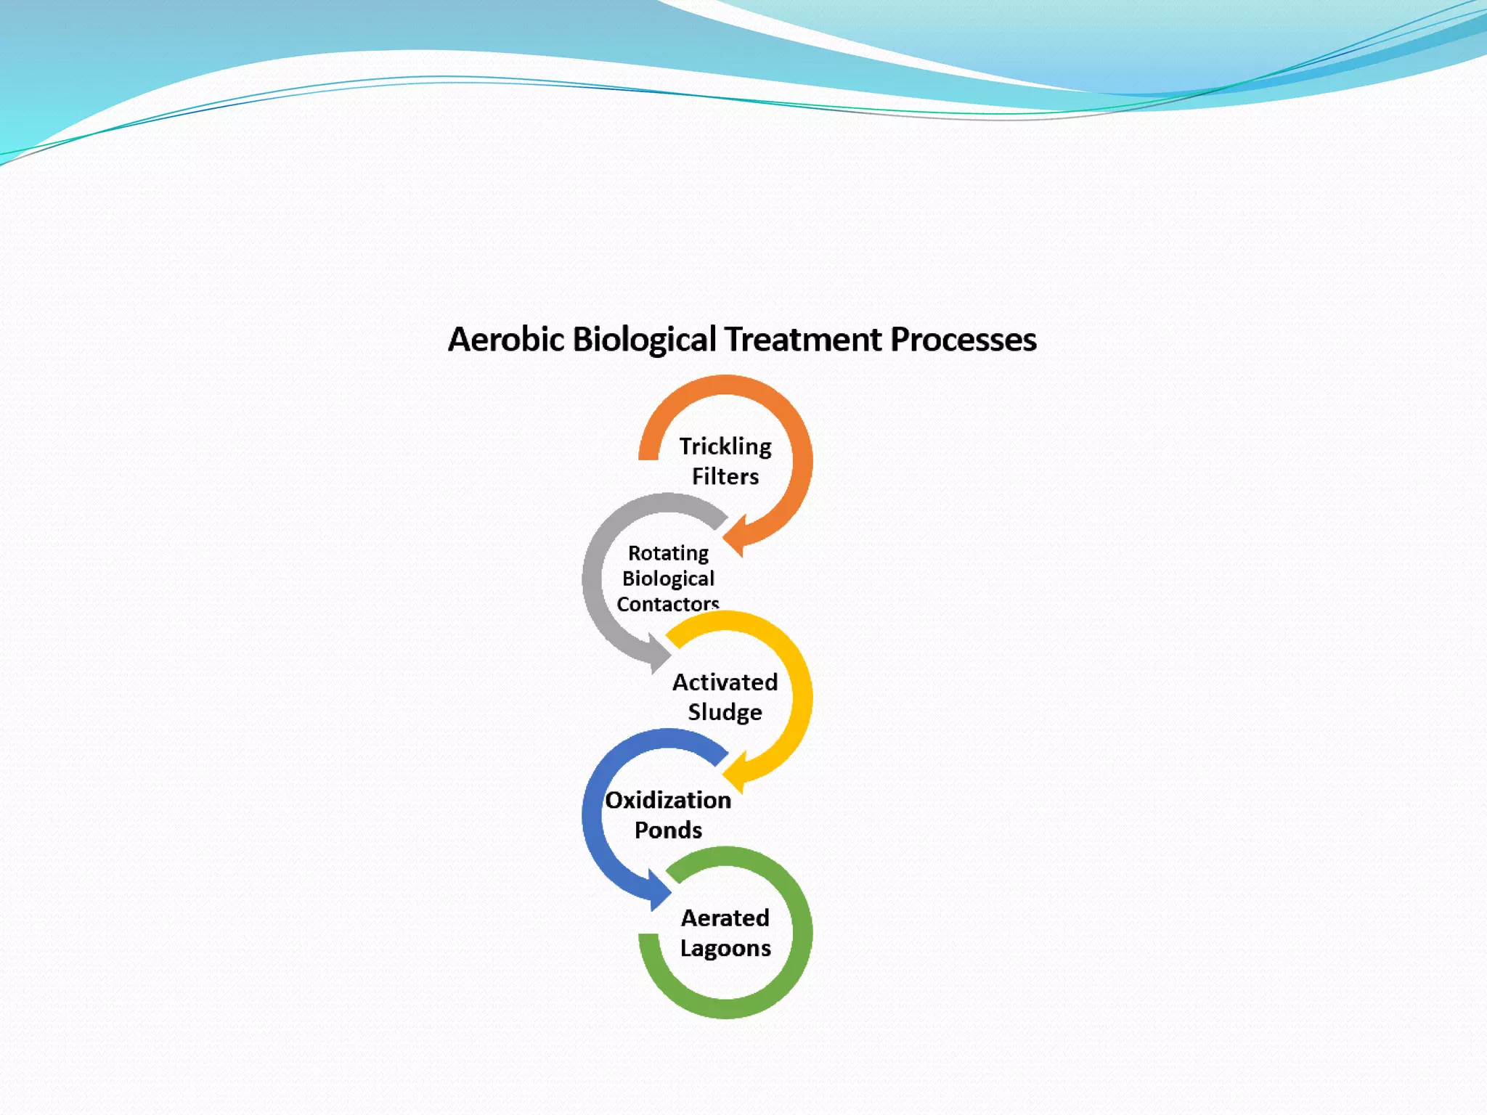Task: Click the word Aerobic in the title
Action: pyautogui.click(x=505, y=340)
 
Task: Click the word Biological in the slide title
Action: pyautogui.click(x=644, y=340)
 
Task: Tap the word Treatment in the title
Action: pyautogui.click(x=803, y=340)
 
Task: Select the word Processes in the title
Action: pyautogui.click(x=964, y=340)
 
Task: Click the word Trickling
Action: pyautogui.click(x=725, y=446)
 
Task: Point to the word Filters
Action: pyautogui.click(x=725, y=477)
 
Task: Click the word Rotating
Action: pyautogui.click(x=668, y=553)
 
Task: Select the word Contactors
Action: pyautogui.click(x=668, y=604)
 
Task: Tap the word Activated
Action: pyautogui.click(x=725, y=682)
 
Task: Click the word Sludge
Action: pyautogui.click(x=725, y=712)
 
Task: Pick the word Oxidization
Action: pyautogui.click(x=668, y=800)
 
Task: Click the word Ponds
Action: pyautogui.click(x=668, y=830)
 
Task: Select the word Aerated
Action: pyautogui.click(x=725, y=918)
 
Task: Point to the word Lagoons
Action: pyautogui.click(x=725, y=948)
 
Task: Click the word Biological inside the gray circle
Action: pyautogui.click(x=668, y=579)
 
